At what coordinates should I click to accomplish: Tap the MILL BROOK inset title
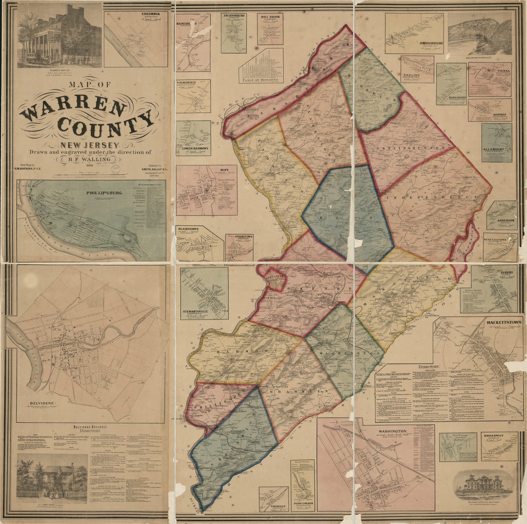[270, 17]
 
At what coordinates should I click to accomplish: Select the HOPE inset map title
[225, 170]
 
